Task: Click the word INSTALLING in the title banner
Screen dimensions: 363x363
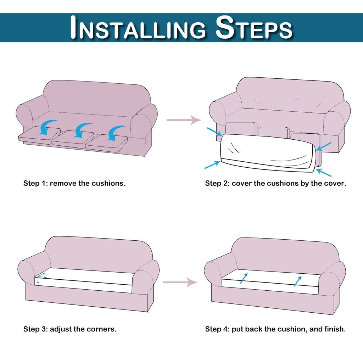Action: point(138,27)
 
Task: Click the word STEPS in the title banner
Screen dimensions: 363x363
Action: point(254,27)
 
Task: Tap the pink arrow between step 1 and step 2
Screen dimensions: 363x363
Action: point(184,120)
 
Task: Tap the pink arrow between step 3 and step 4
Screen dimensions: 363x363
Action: point(180,282)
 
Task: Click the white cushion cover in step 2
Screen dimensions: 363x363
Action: point(267,153)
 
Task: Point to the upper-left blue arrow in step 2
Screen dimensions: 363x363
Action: point(214,132)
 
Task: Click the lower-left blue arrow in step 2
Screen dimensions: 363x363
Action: point(212,164)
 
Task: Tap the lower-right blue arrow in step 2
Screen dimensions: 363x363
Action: point(324,173)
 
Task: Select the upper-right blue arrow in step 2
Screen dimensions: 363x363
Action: point(324,146)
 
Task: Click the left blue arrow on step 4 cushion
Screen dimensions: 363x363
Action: point(244,278)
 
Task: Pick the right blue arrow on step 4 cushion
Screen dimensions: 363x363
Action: point(298,281)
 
